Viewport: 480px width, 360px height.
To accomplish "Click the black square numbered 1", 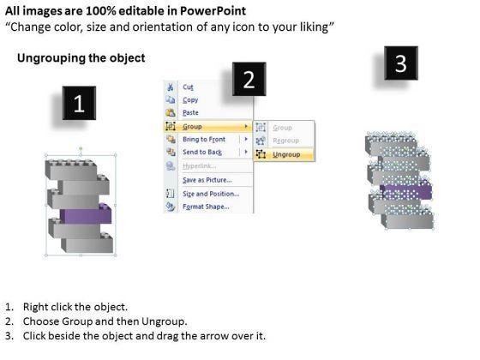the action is [79, 103].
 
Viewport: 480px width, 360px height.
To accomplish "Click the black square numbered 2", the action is [249, 79].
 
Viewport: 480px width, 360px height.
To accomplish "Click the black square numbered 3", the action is [401, 63].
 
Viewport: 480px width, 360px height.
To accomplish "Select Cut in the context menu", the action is [188, 87].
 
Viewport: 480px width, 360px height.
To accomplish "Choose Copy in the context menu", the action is [190, 100].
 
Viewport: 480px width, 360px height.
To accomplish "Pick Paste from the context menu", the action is [190, 112].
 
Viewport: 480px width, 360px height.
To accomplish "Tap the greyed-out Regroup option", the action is [285, 141].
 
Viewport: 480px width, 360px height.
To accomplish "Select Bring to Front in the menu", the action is [204, 139].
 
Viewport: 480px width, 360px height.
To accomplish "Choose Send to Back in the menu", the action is [202, 153].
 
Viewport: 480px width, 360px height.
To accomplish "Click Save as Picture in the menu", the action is [207, 180].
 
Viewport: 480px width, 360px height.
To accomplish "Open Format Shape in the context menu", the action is [206, 207].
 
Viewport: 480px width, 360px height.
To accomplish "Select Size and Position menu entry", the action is [211, 194].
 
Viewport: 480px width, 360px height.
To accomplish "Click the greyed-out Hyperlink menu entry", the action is [199, 166].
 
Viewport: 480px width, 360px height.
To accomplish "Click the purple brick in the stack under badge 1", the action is [86, 213].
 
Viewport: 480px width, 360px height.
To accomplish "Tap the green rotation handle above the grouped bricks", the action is [81, 149].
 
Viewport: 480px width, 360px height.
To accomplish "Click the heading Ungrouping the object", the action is [81, 58].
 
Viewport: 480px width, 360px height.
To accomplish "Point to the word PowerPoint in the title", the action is [213, 11].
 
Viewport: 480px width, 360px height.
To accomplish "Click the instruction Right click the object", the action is [75, 307].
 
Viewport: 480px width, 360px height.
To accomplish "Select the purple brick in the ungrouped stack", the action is [406, 191].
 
